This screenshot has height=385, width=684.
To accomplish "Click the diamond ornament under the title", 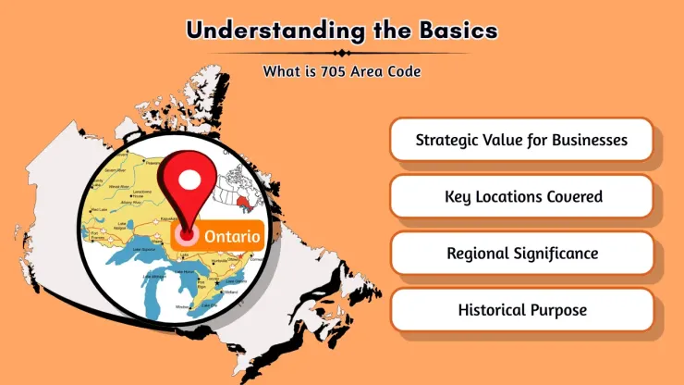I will tap(341, 53).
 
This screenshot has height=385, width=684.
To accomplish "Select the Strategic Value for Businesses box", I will tap(521, 141).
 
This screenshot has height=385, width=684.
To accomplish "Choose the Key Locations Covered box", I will tap(521, 196).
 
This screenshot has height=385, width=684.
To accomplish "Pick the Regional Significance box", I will tap(521, 253).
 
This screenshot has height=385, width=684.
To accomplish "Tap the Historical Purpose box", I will tap(521, 310).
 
